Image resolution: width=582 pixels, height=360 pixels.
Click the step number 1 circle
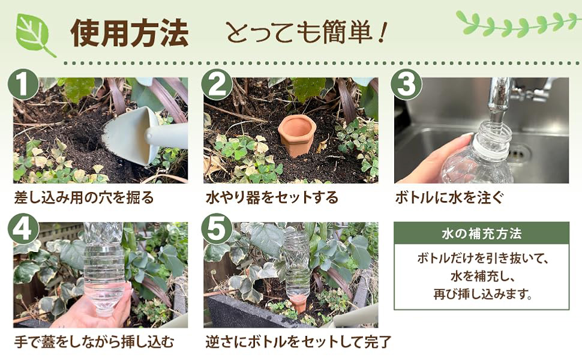(23, 85)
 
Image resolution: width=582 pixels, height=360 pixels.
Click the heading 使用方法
(129, 34)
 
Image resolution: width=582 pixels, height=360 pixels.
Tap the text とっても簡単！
(304, 34)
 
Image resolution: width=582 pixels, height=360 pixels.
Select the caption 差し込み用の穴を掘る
(84, 197)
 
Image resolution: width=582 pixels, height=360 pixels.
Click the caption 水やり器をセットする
(272, 197)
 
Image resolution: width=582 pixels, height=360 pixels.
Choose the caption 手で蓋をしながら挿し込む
(94, 343)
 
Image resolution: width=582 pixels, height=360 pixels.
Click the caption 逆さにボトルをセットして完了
(298, 343)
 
